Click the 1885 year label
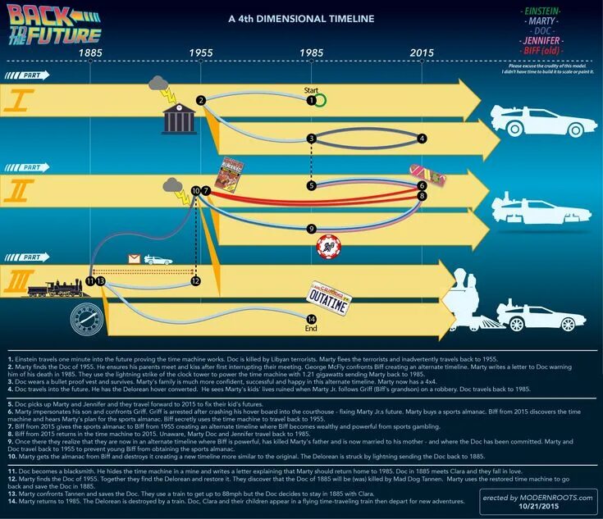coord(90,52)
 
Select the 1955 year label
coord(201,52)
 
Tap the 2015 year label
coord(422,52)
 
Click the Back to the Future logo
coord(54,24)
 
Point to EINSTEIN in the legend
coord(541,10)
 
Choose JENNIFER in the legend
coord(541,39)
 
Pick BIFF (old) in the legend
coord(541,50)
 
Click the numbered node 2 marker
coord(200,100)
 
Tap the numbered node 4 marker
coord(422,139)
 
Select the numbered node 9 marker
coord(311,228)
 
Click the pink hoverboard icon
coord(427,175)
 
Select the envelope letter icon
coord(134,259)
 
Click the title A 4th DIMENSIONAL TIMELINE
coord(300,18)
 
